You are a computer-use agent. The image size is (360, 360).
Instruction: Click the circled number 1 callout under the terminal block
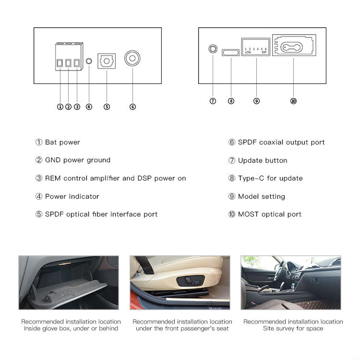pos(60,107)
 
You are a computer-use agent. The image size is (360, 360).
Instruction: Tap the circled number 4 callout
pos(89,107)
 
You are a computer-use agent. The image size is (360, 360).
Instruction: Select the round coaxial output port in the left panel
pos(132,59)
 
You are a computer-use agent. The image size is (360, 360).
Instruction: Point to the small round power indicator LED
pos(89,61)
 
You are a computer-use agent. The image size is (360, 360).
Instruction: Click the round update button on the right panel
pos(213,49)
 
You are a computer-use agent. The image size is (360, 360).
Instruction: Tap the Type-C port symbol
pos(231,52)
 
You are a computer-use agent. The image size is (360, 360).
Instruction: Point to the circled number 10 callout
pos(293,101)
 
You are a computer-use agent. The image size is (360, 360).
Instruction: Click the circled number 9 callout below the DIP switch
pos(256,101)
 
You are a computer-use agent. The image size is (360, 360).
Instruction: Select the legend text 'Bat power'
pos(62,142)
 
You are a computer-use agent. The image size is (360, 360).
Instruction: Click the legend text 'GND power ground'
pos(77,160)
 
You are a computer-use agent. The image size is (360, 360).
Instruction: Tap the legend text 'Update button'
pos(263,160)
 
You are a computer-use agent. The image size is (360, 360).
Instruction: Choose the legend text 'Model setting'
pos(261,196)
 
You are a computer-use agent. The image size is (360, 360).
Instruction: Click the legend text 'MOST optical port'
pos(270,214)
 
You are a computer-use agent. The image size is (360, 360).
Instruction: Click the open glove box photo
pos(69,282)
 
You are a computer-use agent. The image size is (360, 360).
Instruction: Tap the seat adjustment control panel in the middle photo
pos(191,281)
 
